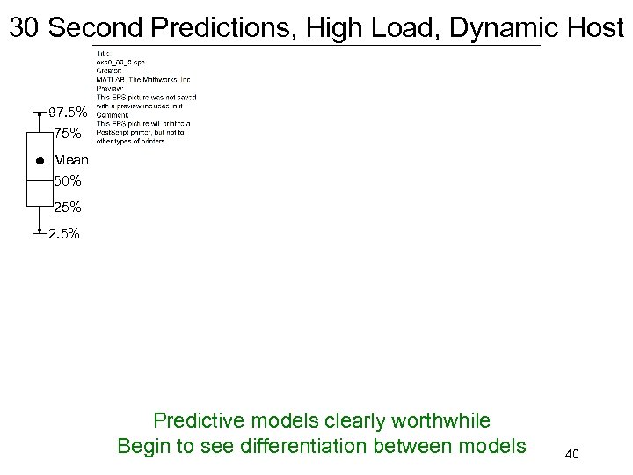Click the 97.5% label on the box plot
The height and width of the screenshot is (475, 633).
coord(68,113)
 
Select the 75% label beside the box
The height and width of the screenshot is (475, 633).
coord(69,134)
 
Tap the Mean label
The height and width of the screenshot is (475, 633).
coord(71,160)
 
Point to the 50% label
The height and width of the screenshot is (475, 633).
coord(68,181)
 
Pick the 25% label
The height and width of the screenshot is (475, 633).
coord(68,208)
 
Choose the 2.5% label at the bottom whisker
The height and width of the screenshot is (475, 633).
coord(66,234)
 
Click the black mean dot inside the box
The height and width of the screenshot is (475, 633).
coord(40,161)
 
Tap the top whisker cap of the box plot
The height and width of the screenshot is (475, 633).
coord(40,113)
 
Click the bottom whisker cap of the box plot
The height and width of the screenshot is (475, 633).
coord(40,234)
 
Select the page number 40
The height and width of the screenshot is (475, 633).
coord(572,455)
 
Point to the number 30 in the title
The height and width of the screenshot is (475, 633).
coord(25,27)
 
